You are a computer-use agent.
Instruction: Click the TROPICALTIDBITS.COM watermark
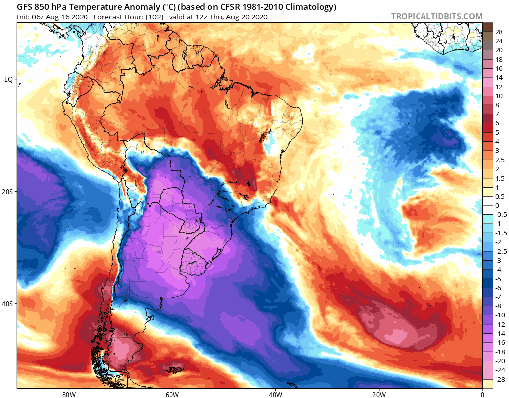pos(436,16)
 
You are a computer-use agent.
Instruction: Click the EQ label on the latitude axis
pos(8,79)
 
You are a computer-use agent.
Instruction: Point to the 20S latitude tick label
pos(8,192)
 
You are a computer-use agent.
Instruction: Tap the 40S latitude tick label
pos(8,304)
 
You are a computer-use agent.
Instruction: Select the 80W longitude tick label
pos(69,394)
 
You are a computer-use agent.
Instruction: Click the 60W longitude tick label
pos(172,394)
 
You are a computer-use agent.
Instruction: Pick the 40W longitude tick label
pos(275,394)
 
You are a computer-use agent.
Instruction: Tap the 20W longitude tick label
pos(379,394)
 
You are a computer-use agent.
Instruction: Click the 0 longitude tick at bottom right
pos(482,394)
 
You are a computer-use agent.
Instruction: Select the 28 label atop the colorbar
pos(499,32)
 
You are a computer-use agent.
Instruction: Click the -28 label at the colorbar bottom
pos(499,380)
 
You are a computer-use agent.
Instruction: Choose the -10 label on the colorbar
pos(499,315)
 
